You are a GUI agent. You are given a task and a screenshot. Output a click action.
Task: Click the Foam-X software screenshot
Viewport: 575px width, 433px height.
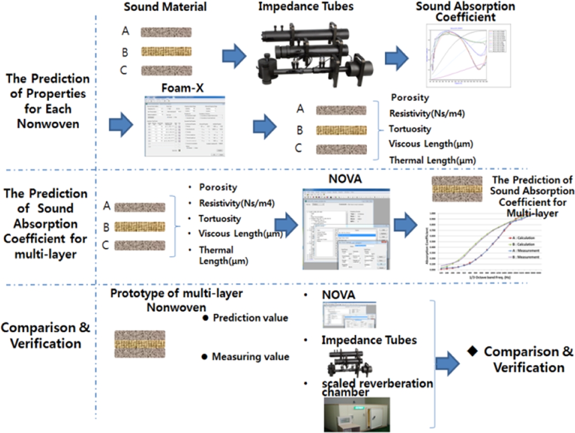[185, 126]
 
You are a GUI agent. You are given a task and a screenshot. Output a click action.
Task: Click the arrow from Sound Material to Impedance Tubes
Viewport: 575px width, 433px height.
[234, 57]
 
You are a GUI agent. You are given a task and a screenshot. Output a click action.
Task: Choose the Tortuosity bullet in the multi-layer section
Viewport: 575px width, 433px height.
[220, 219]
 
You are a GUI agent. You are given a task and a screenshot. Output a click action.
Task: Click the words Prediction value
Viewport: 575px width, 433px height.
[251, 318]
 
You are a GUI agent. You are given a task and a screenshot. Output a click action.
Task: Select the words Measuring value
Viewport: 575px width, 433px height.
[251, 356]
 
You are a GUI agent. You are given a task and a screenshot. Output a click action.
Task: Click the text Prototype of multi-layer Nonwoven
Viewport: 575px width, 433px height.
[176, 300]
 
